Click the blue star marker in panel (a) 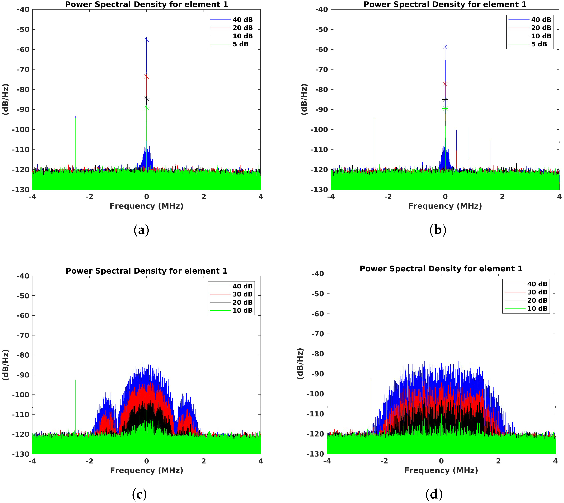pyautogui.click(x=147, y=40)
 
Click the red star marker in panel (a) pyautogui.click(x=147, y=76)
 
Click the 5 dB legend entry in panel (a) pyautogui.click(x=240, y=44)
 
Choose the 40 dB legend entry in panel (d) pyautogui.click(x=537, y=284)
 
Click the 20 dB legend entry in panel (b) pyautogui.click(x=541, y=28)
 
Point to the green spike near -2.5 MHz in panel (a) pyautogui.click(x=75, y=138)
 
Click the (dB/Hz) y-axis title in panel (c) pyautogui.click(x=6, y=365)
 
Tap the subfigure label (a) pyautogui.click(x=141, y=230)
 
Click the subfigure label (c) pyautogui.click(x=139, y=494)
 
